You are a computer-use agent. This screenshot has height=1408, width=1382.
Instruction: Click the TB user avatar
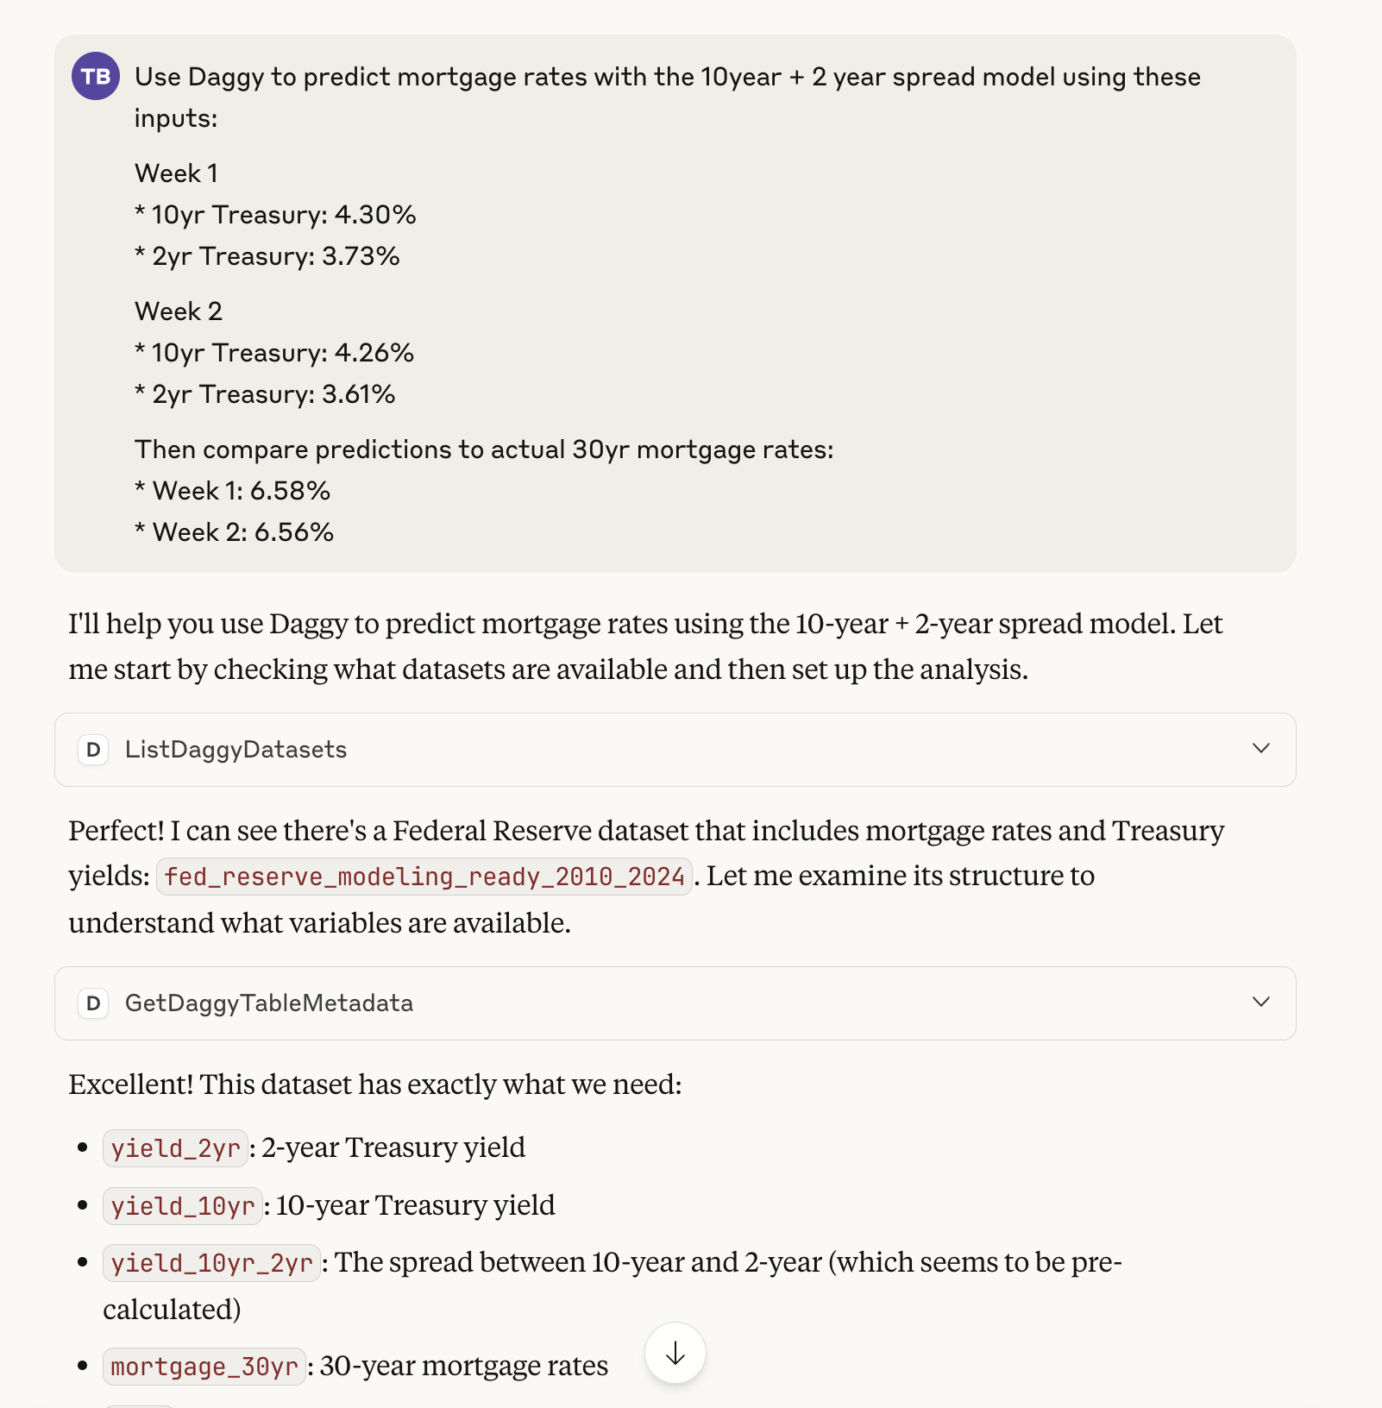[x=96, y=76]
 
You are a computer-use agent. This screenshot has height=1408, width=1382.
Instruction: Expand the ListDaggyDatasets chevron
[x=1260, y=748]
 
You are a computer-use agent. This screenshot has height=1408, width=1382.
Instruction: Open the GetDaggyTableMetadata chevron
[x=1260, y=1002]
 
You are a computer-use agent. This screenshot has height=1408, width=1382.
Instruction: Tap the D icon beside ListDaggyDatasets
[x=93, y=750]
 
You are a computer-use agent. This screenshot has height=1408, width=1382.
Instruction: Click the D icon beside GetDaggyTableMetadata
[x=93, y=1003]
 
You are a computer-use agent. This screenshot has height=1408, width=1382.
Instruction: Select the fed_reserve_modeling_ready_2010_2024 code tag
[x=424, y=877]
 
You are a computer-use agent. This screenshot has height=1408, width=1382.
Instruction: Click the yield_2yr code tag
[x=175, y=1148]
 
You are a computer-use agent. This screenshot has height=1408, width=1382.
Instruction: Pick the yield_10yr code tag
[x=182, y=1206]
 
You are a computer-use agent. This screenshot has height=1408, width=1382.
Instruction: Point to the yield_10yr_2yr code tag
[x=211, y=1263]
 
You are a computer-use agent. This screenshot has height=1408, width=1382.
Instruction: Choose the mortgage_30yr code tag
[x=204, y=1367]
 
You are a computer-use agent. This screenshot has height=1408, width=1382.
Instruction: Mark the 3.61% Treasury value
[x=359, y=394]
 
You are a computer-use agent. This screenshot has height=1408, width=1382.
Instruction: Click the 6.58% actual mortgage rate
[x=290, y=491]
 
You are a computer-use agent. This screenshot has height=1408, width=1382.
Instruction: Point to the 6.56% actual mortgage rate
[x=293, y=532]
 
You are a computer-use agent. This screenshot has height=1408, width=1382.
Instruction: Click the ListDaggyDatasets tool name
[x=236, y=750]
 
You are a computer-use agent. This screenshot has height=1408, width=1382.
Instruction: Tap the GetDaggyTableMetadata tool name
[x=268, y=1003]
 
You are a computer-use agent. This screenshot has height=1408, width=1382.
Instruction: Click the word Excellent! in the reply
[x=131, y=1084]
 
